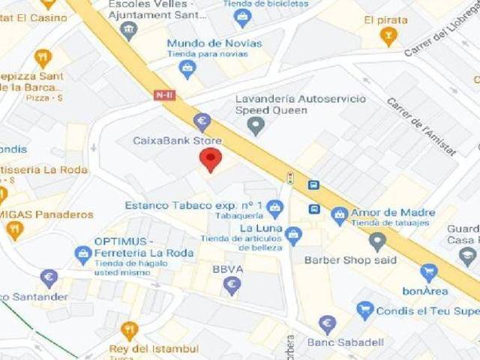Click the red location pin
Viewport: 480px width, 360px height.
211,159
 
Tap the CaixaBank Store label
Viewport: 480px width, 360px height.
177,140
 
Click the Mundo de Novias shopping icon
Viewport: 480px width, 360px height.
187,69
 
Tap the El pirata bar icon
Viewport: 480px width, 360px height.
388,35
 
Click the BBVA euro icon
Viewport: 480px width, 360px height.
232,284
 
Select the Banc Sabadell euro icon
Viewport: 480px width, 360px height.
327,325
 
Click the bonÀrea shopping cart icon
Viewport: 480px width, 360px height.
428,272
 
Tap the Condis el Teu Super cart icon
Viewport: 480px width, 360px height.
364,310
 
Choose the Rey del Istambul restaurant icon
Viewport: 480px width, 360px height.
130,331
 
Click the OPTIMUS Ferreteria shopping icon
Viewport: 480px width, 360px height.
82,253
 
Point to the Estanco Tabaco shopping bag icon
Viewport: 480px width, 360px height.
274,207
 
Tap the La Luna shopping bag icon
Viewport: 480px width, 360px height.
293,235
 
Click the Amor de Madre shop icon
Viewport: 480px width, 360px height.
340,214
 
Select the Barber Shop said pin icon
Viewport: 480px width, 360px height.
377,241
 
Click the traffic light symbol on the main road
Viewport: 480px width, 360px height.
290,178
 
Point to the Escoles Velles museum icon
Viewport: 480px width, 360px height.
130,30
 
